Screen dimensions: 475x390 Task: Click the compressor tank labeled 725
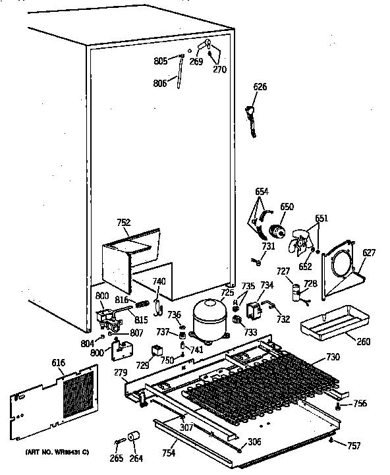click(x=208, y=318)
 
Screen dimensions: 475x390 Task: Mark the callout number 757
click(x=354, y=446)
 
